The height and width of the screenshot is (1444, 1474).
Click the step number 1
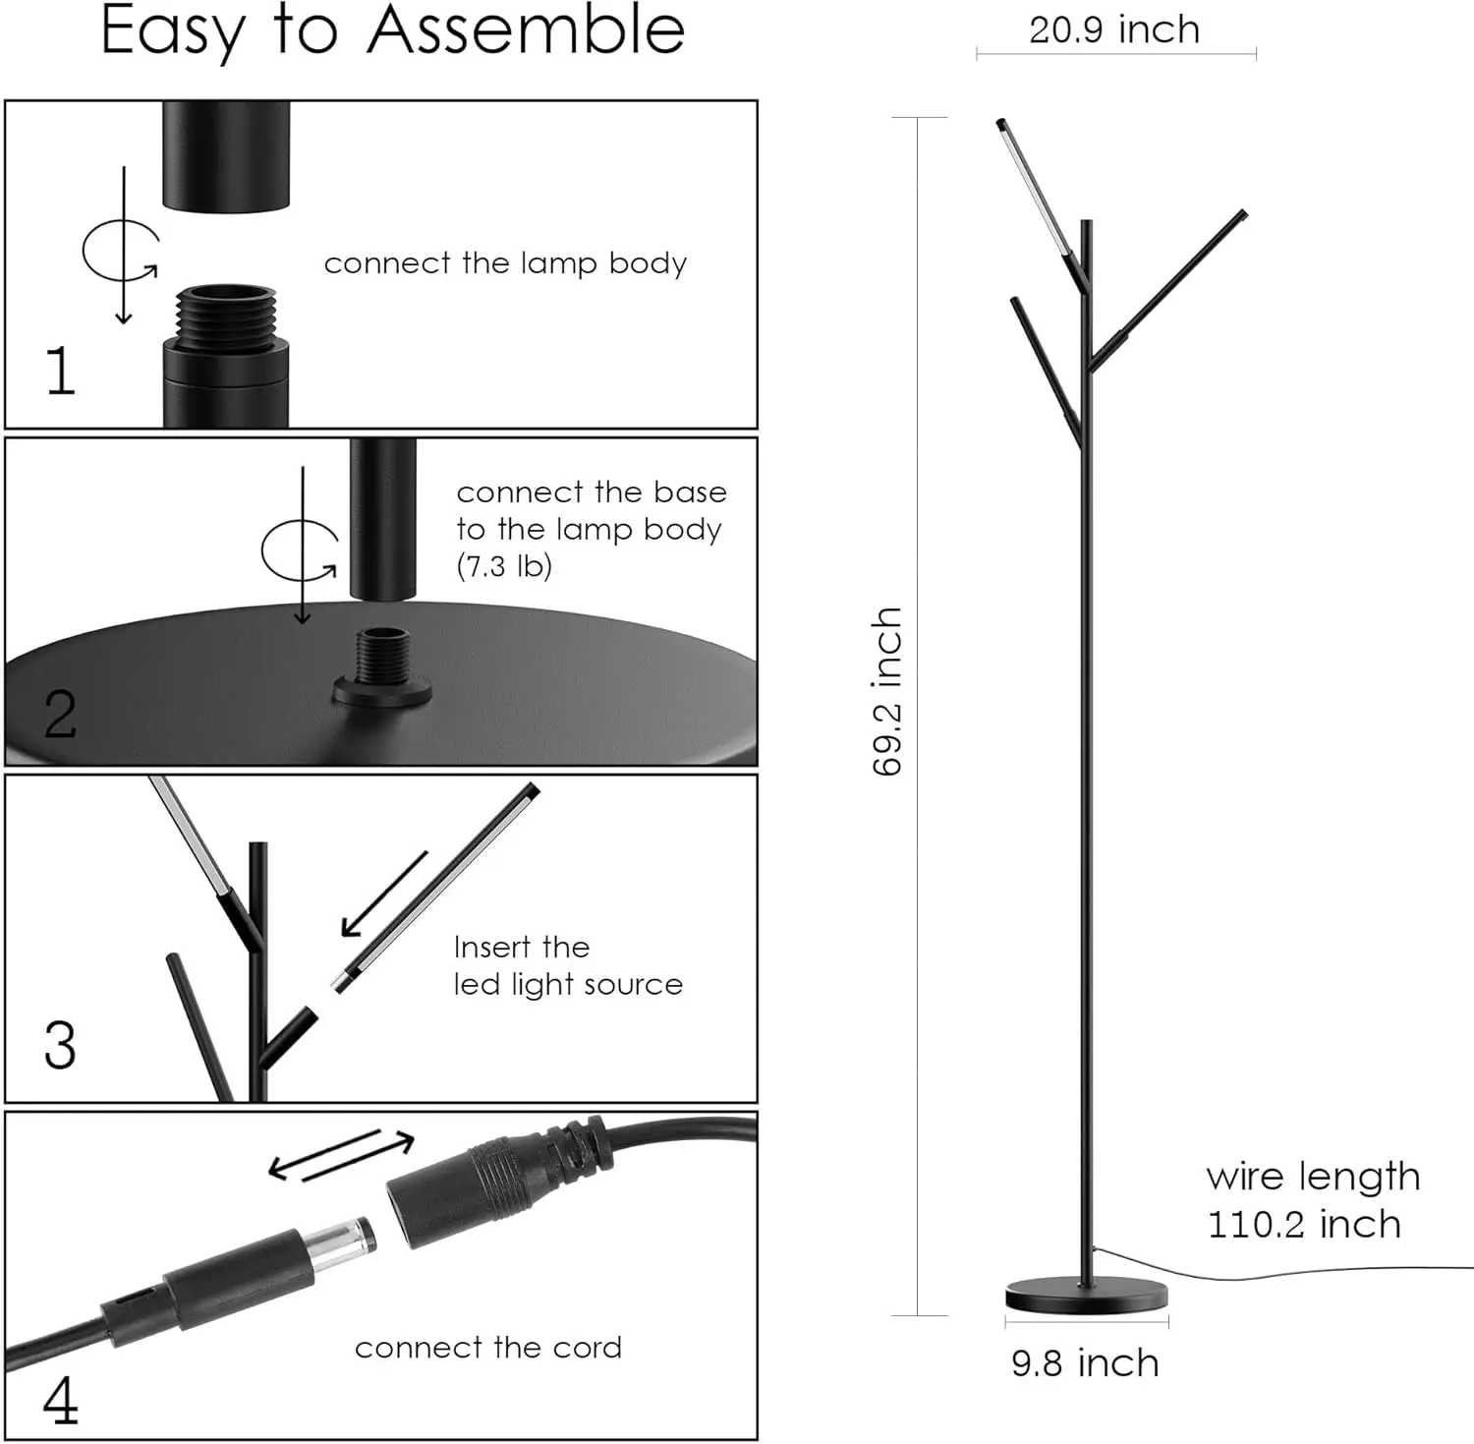tap(61, 371)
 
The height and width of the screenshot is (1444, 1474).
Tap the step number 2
tap(60, 714)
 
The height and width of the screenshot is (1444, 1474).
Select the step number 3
tap(60, 1045)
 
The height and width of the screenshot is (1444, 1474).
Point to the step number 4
tap(61, 1401)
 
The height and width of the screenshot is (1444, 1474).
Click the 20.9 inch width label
tap(1114, 29)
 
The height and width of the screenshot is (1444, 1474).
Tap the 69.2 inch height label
tap(887, 691)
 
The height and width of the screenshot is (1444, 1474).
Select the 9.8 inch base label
tap(1085, 1363)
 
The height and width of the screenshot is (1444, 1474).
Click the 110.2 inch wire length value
tap(1303, 1225)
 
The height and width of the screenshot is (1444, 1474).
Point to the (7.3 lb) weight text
tap(504, 566)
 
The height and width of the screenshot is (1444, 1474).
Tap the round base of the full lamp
tap(1087, 1295)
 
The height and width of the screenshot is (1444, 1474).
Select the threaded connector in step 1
tap(226, 312)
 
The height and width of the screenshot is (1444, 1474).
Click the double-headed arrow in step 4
tap(342, 1154)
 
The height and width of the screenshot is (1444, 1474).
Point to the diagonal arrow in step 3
tap(384, 894)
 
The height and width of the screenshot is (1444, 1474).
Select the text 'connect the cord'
tap(488, 1348)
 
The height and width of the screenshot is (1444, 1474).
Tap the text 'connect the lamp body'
tap(505, 263)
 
